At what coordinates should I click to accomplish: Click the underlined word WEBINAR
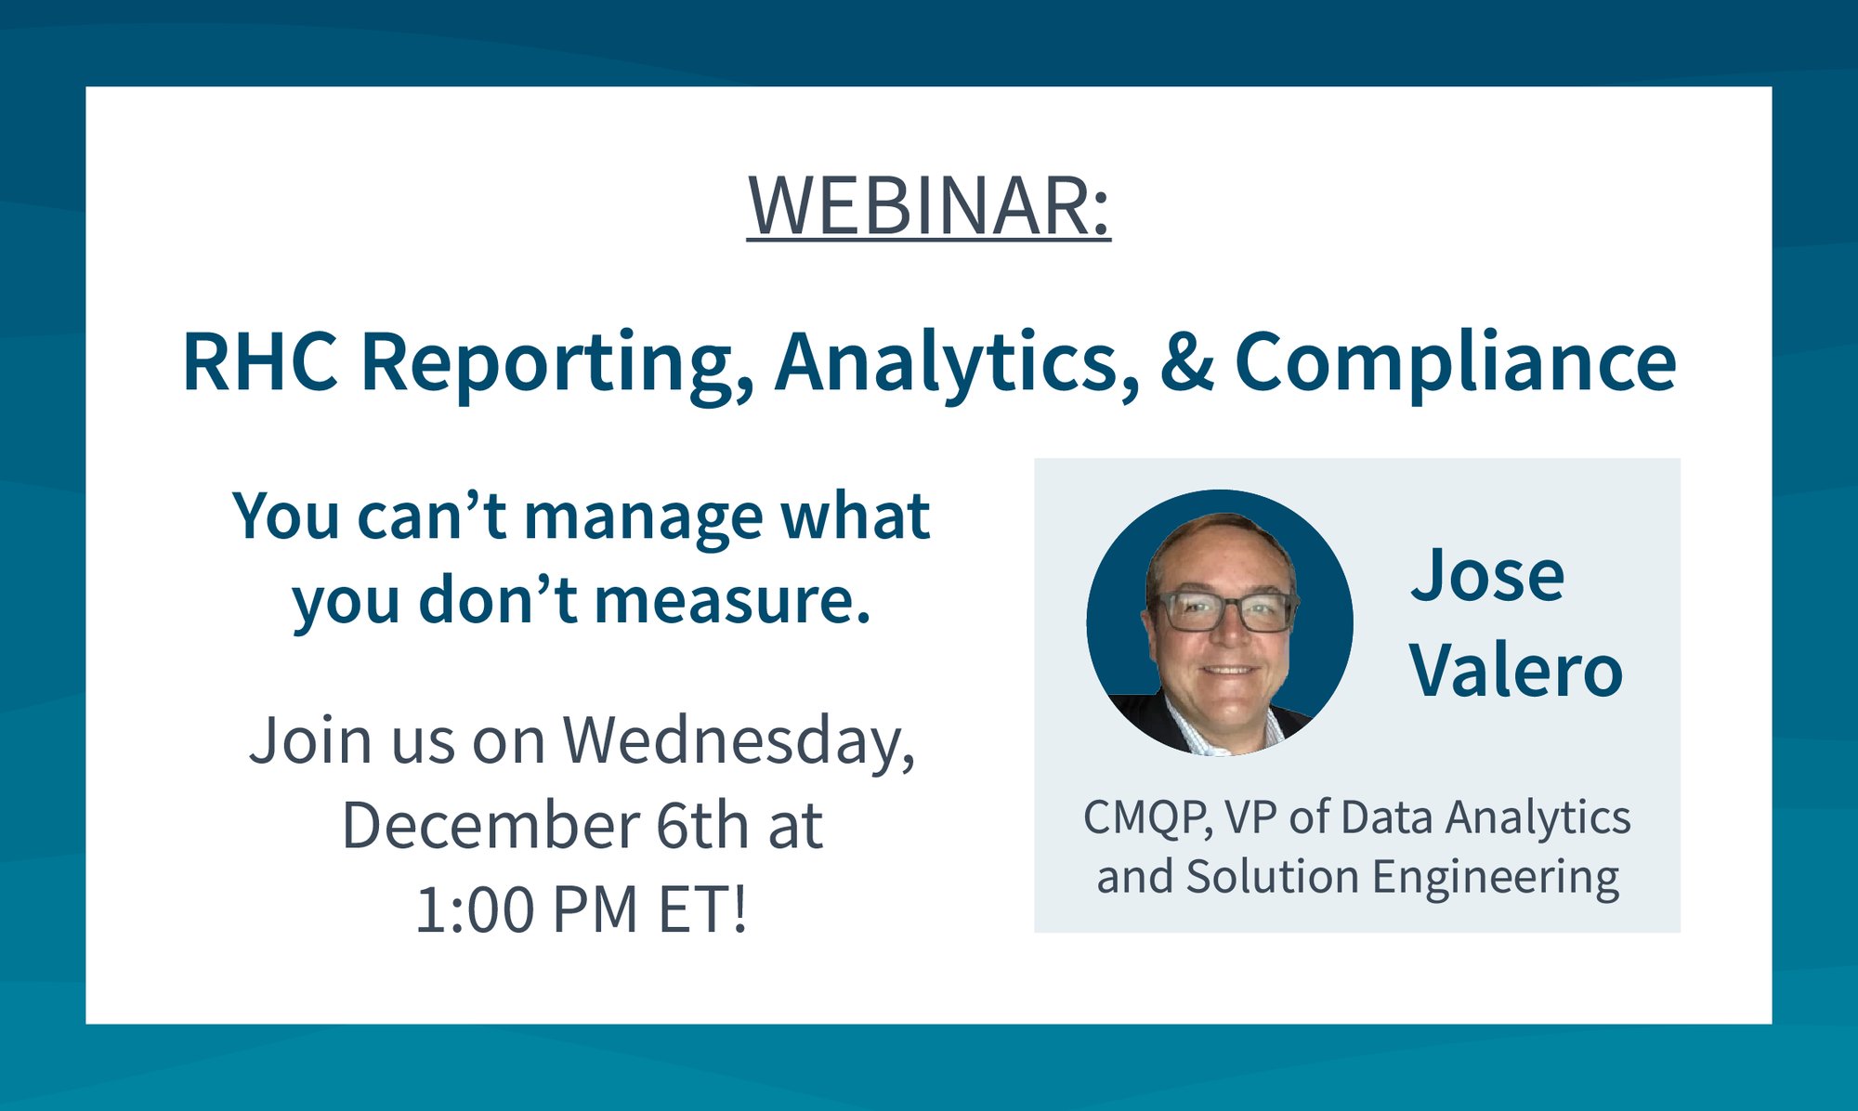coord(928,206)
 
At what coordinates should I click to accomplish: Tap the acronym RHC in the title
coord(261,361)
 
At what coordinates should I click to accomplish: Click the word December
coord(491,826)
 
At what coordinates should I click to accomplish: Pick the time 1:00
coord(474,910)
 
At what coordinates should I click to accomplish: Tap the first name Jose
coord(1487,576)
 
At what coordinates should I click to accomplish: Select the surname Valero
coord(1516,671)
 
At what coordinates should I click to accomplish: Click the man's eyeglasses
coord(1223,610)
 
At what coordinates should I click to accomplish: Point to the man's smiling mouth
coord(1229,670)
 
